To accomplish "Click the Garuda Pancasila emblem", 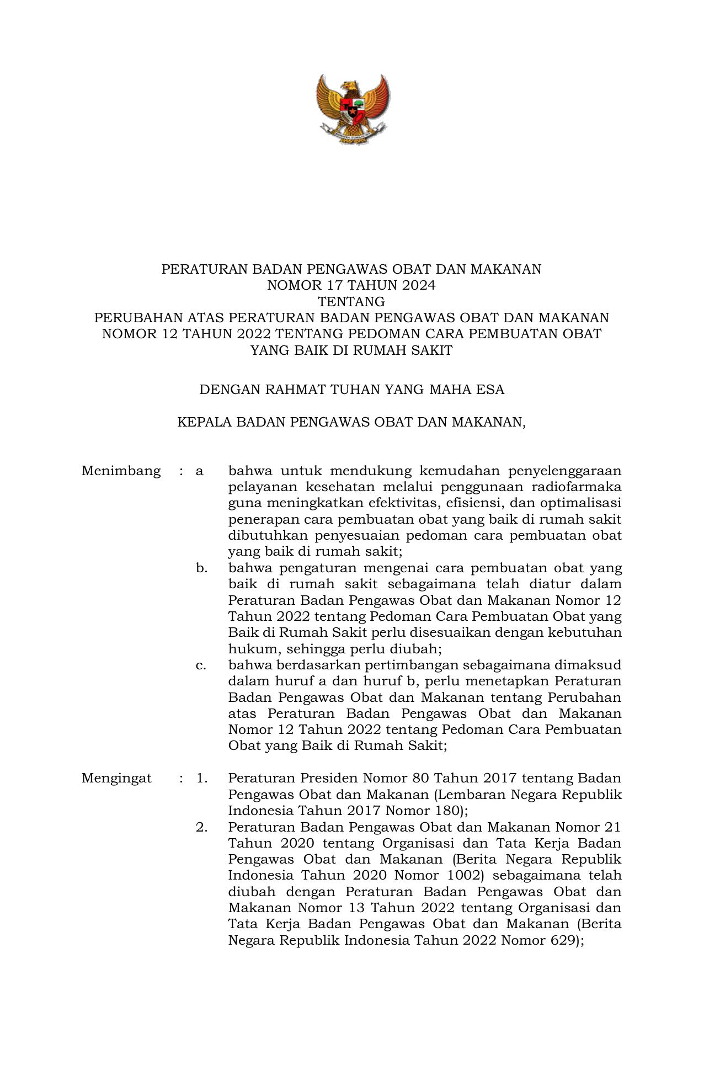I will click(x=352, y=109).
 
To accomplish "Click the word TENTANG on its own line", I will click(x=351, y=302).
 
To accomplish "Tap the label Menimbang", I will click(x=121, y=471).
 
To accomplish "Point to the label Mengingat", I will click(x=116, y=779).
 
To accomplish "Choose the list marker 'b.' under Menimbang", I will click(x=201, y=568).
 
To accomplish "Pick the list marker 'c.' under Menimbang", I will click(x=201, y=665).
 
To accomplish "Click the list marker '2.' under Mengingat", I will click(x=201, y=827).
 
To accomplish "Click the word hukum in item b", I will click(x=248, y=649).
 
